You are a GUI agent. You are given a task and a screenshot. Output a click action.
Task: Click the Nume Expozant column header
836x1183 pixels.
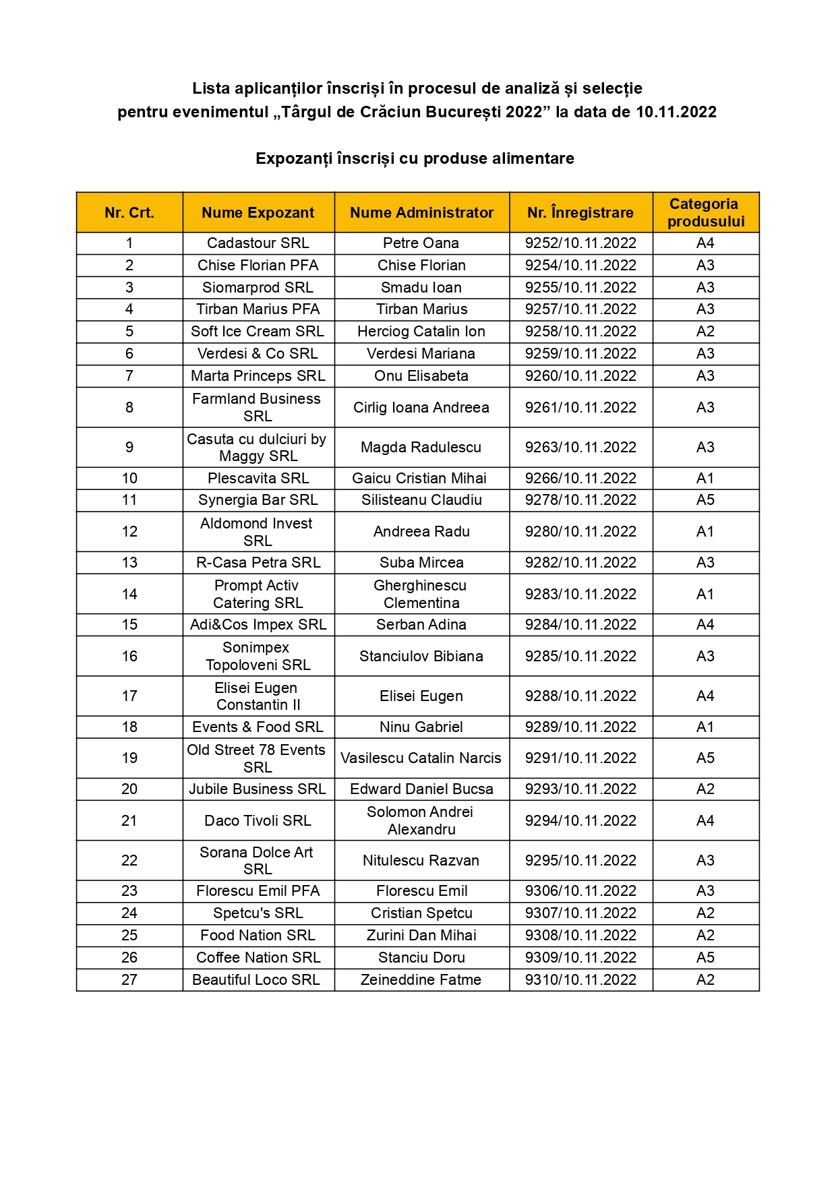pyautogui.click(x=258, y=213)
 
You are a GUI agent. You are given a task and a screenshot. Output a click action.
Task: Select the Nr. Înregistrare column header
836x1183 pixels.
pyautogui.click(x=580, y=213)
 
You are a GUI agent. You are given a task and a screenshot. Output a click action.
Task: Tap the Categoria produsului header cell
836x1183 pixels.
pyautogui.click(x=705, y=213)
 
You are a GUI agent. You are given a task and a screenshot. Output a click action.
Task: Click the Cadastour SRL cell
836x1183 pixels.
pyautogui.click(x=258, y=243)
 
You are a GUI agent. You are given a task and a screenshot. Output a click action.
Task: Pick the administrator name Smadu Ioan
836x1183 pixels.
pyautogui.click(x=421, y=288)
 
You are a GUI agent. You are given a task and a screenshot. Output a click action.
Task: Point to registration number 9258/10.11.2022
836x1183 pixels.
pyautogui.click(x=580, y=332)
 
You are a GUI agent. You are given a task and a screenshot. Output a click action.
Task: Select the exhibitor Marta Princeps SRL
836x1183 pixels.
pyautogui.click(x=258, y=376)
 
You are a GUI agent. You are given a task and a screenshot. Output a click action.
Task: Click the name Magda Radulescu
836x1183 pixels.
pyautogui.click(x=421, y=448)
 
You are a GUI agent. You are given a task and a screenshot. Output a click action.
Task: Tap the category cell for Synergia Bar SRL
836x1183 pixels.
pyautogui.click(x=705, y=500)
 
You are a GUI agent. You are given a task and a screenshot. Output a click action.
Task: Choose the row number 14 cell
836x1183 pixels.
pyautogui.click(x=129, y=595)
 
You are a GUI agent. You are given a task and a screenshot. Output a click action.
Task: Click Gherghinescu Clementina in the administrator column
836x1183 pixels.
pyautogui.click(x=421, y=595)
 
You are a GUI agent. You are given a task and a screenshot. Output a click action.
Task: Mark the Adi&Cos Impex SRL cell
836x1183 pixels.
pyautogui.click(x=258, y=625)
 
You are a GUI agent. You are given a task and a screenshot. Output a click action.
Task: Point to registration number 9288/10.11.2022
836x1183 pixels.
pyautogui.click(x=580, y=696)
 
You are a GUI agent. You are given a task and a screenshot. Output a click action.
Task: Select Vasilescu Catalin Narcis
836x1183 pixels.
pyautogui.click(x=421, y=758)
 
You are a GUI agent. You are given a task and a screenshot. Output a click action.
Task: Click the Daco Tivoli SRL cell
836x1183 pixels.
pyautogui.click(x=258, y=821)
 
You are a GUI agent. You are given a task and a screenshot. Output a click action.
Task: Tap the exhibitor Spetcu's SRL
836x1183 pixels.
pyautogui.click(x=258, y=913)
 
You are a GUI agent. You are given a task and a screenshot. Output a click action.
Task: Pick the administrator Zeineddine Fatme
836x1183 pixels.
pyautogui.click(x=421, y=980)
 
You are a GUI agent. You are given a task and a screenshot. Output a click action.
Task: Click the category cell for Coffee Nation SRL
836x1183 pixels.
pyautogui.click(x=705, y=958)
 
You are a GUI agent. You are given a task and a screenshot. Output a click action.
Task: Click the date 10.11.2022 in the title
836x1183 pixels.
pyautogui.click(x=676, y=112)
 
